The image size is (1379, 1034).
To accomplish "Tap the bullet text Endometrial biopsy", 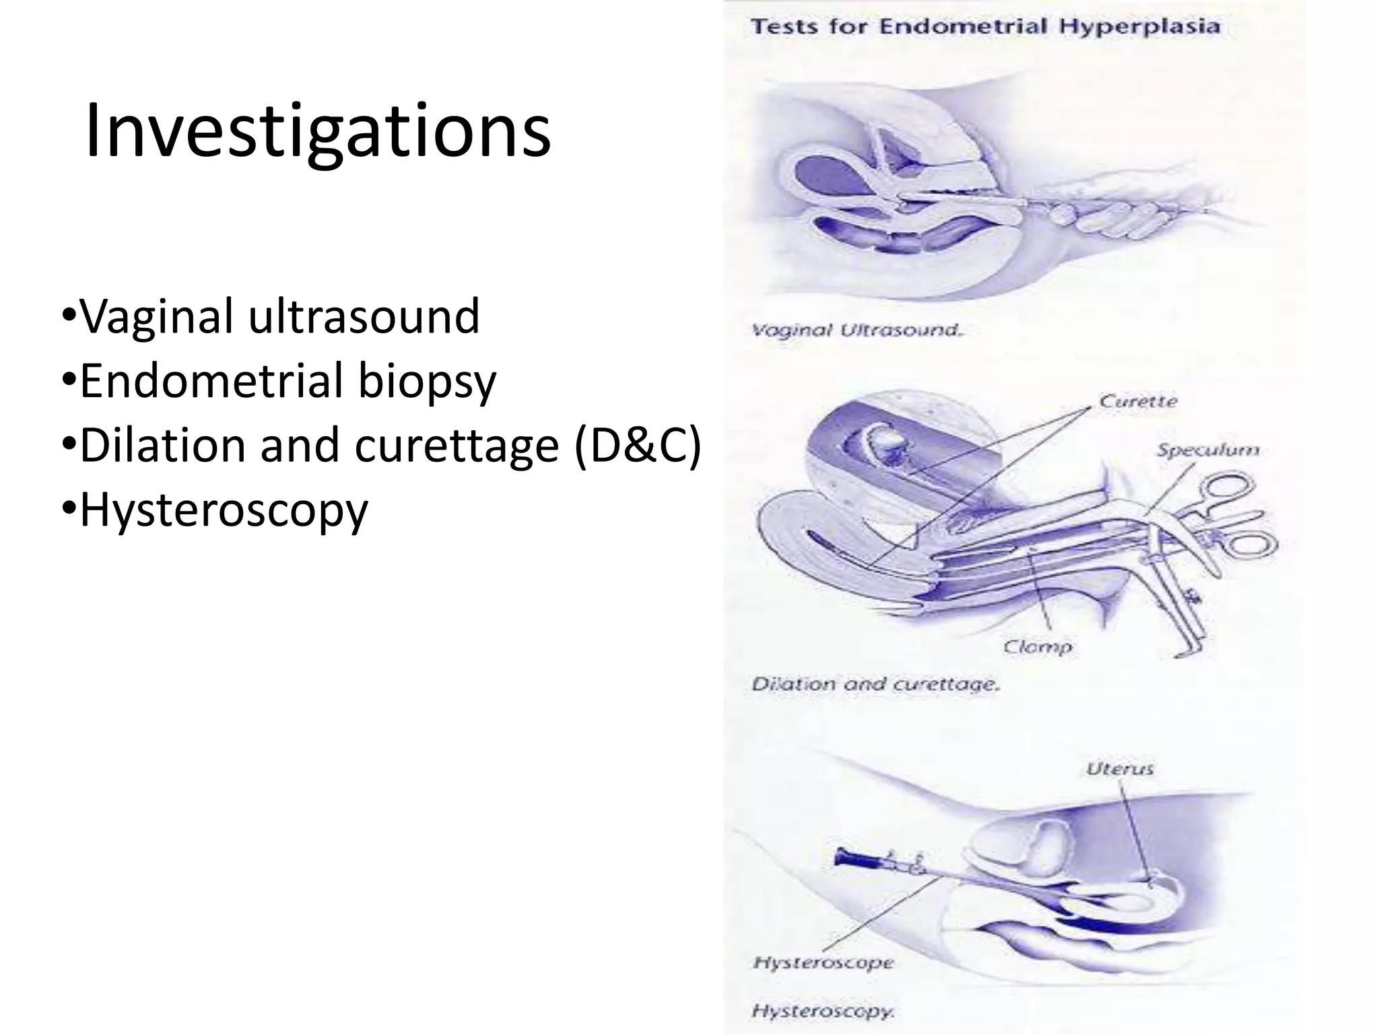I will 288,380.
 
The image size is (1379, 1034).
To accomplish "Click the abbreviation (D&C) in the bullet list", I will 637,445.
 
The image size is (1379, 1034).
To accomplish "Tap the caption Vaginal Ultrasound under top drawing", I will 856,331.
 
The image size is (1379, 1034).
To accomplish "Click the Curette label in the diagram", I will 1138,401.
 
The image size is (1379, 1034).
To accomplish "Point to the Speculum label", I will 1208,450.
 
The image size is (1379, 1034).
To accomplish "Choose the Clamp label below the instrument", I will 1037,647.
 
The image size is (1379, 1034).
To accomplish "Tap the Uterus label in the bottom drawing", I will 1120,769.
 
